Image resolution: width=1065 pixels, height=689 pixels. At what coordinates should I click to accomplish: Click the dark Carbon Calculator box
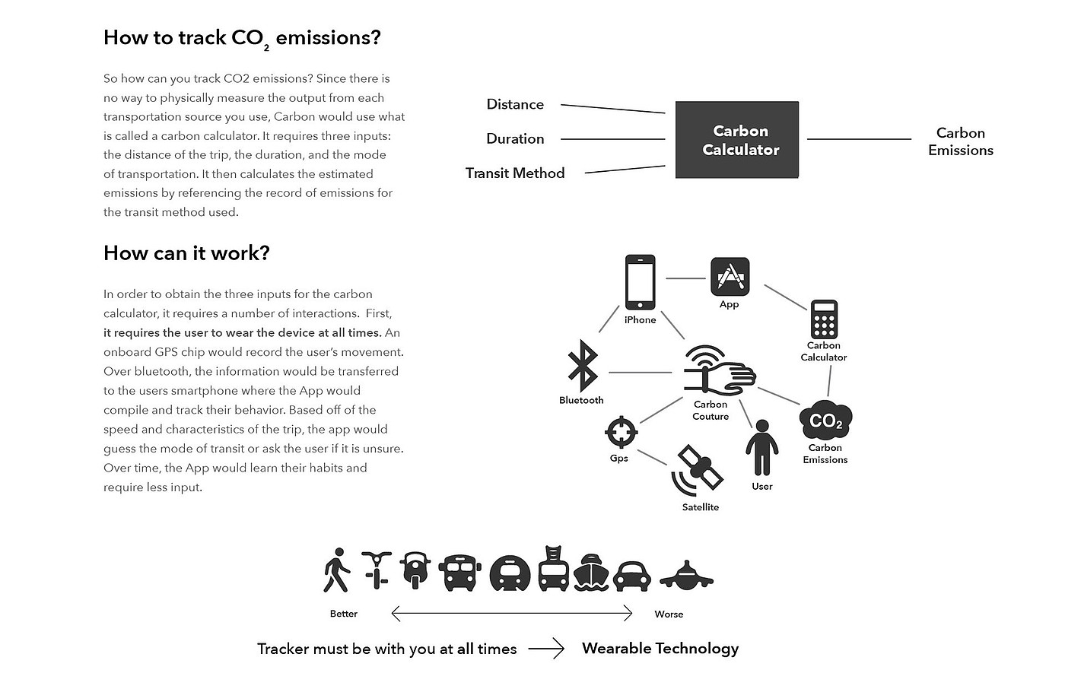pyautogui.click(x=736, y=140)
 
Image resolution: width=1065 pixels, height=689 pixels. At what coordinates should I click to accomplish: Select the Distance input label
pyautogui.click(x=515, y=104)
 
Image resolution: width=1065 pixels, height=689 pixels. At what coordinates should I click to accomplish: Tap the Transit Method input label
pyautogui.click(x=515, y=173)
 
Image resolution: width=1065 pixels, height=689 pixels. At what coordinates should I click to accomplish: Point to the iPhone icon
pyautogui.click(x=640, y=282)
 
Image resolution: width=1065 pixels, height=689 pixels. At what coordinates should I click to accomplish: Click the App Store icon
pyautogui.click(x=730, y=277)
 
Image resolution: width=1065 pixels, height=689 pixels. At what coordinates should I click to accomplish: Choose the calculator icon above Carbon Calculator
pyautogui.click(x=824, y=319)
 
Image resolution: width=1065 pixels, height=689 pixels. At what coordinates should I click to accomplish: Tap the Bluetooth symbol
pyautogui.click(x=583, y=365)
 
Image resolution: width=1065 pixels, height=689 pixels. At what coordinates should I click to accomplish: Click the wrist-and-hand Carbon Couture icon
pyautogui.click(x=717, y=371)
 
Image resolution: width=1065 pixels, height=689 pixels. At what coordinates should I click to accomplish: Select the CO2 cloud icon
pyautogui.click(x=825, y=421)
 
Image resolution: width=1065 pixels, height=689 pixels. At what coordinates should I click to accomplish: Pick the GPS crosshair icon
pyautogui.click(x=621, y=433)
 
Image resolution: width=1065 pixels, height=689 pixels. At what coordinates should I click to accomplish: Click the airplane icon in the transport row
pyautogui.click(x=686, y=576)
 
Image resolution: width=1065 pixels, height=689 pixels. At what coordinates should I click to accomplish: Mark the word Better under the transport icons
pyautogui.click(x=343, y=614)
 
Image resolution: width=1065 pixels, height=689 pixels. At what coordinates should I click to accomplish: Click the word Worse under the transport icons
pyautogui.click(x=669, y=614)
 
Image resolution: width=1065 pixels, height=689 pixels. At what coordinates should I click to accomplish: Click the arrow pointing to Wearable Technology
pyautogui.click(x=546, y=649)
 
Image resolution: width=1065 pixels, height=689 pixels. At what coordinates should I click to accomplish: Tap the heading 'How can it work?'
pyautogui.click(x=186, y=253)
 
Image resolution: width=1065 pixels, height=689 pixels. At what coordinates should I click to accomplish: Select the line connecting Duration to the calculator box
pyautogui.click(x=612, y=139)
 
